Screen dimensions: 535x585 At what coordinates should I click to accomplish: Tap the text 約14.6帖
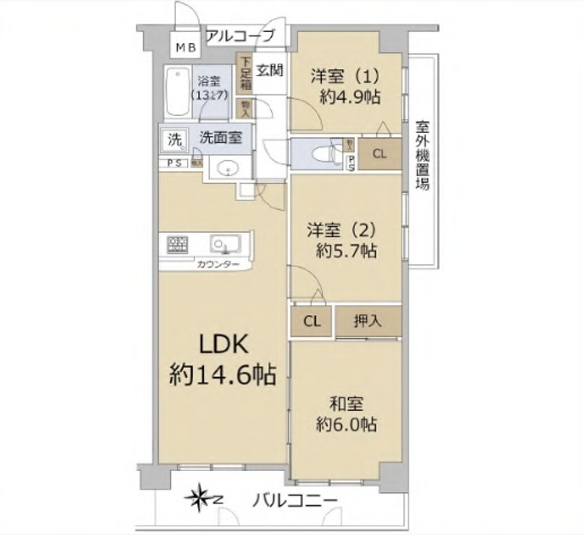(x=223, y=374)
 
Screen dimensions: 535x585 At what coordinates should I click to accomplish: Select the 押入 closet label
(x=368, y=319)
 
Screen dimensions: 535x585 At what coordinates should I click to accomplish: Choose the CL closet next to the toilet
(x=380, y=154)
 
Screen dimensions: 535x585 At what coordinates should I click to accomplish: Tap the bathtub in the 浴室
(x=176, y=92)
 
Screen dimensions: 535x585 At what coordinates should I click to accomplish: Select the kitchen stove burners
(x=176, y=245)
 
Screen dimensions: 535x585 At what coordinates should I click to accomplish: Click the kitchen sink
(x=223, y=243)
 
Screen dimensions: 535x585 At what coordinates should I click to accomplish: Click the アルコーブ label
(x=241, y=35)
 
